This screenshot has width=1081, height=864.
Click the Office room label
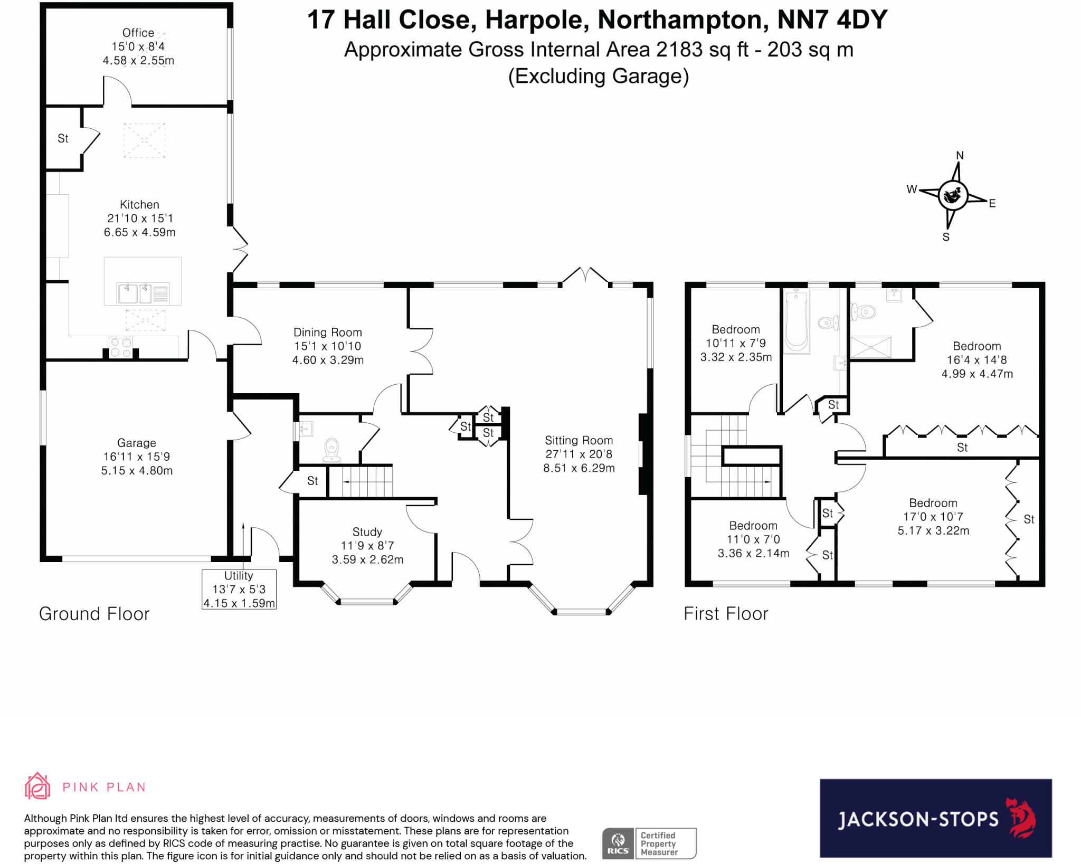coord(138,33)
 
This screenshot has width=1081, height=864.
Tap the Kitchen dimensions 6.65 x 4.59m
coord(139,232)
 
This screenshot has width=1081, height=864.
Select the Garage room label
coord(137,443)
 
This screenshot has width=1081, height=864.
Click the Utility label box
coord(239,589)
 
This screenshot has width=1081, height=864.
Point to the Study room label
coord(367,532)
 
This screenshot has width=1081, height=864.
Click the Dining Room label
coord(328,333)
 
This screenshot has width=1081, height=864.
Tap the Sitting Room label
coord(579,440)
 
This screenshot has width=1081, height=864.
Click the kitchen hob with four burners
coord(120,347)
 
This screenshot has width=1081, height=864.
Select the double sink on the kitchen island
coord(135,293)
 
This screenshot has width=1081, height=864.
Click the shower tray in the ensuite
coord(870,347)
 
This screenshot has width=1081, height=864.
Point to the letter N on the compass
coord(960,155)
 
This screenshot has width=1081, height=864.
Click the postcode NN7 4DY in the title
coord(832,20)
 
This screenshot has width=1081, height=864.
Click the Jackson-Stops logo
coord(935,818)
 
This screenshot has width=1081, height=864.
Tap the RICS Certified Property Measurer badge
coord(649,843)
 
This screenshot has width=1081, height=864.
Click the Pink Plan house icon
coord(37,786)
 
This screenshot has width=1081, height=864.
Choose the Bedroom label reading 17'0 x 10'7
coord(933,517)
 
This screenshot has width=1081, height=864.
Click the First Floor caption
coord(726,614)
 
